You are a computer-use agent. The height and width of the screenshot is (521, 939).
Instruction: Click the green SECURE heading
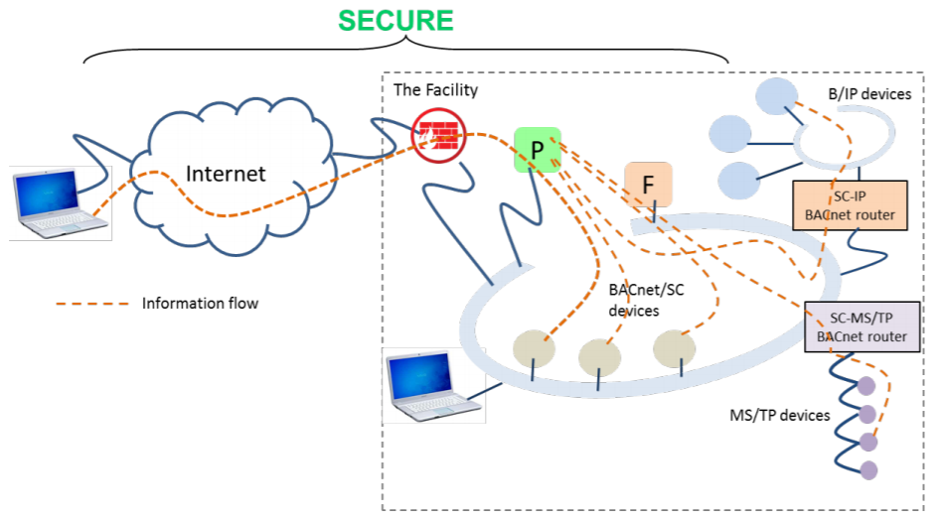coord(395,20)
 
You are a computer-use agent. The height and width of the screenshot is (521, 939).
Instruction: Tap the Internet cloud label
coord(227,174)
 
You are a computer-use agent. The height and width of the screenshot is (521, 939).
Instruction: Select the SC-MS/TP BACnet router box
coord(861,327)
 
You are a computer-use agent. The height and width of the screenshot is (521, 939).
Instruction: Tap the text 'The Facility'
coord(435,90)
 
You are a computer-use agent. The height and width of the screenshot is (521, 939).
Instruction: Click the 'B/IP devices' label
coord(869,95)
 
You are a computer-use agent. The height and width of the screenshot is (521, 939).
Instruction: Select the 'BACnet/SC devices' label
coord(646,301)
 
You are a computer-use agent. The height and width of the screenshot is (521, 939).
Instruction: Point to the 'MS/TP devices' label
coord(779,415)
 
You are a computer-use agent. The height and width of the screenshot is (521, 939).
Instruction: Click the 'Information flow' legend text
coord(200,303)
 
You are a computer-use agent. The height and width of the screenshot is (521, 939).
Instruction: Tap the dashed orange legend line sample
coord(92,303)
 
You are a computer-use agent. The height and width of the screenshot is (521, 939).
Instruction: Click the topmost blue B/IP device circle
coord(776,95)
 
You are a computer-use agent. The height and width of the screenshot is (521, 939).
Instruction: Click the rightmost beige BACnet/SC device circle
coord(676,347)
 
